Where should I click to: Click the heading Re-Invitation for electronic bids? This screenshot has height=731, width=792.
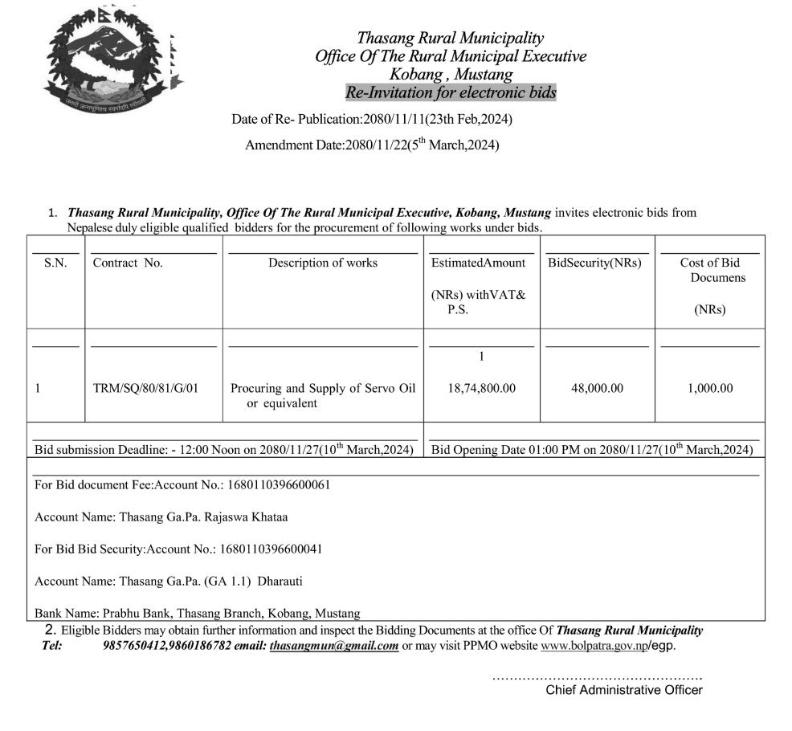tap(451, 92)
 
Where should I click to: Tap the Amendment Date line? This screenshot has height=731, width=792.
tap(372, 145)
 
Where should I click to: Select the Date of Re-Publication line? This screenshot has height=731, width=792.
tap(372, 120)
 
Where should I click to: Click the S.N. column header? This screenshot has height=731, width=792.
tap(55, 263)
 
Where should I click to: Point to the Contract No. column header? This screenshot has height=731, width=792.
tap(128, 263)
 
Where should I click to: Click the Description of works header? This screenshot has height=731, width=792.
tap(323, 263)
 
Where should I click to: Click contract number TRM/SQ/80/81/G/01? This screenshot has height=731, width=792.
tap(146, 388)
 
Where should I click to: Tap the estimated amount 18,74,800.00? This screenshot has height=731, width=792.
tap(481, 388)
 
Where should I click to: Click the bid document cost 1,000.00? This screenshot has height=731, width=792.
tap(710, 388)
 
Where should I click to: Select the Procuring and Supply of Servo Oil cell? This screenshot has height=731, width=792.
tap(323, 395)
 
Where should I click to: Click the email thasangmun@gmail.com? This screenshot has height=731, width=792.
tap(334, 646)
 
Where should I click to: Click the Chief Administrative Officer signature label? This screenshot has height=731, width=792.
tap(624, 690)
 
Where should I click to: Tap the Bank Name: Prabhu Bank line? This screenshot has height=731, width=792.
tap(198, 613)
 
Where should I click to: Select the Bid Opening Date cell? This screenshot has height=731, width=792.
tap(592, 450)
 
